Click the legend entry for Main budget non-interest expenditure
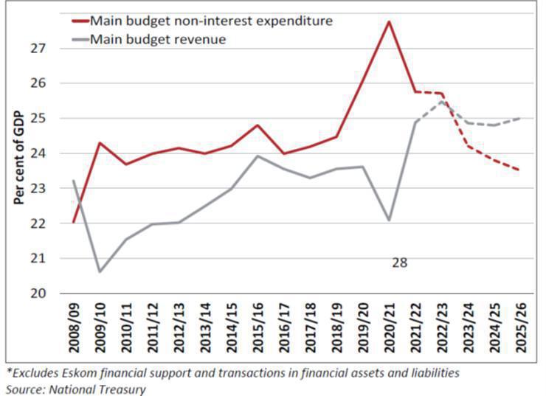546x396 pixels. point(210,21)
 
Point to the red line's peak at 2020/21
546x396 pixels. point(389,21)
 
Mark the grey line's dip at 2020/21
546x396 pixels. point(389,220)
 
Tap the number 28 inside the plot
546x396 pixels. point(399,262)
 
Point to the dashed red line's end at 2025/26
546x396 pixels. point(519,170)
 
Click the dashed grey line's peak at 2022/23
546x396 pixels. point(441,101)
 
